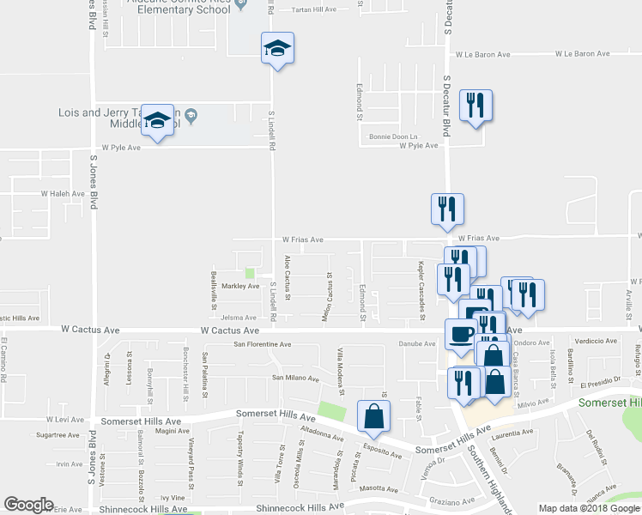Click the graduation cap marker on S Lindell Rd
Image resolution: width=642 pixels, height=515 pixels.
(277, 48)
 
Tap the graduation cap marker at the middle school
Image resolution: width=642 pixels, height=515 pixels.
(157, 122)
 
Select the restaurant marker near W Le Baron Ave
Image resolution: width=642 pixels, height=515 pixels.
(475, 106)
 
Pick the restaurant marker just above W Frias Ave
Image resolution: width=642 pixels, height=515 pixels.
(446, 209)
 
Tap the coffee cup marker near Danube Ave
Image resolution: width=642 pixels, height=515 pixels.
(460, 333)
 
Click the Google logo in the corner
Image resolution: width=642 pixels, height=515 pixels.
(29, 505)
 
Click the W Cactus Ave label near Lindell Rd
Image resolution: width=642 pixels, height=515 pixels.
(229, 330)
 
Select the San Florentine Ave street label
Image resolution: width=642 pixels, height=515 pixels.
(263, 344)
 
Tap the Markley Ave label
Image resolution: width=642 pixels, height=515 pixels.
(240, 286)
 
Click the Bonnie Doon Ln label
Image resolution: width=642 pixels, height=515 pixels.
(393, 136)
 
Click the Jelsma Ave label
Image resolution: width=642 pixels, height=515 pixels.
(239, 318)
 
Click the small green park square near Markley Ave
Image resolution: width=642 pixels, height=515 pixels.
(250, 273)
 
